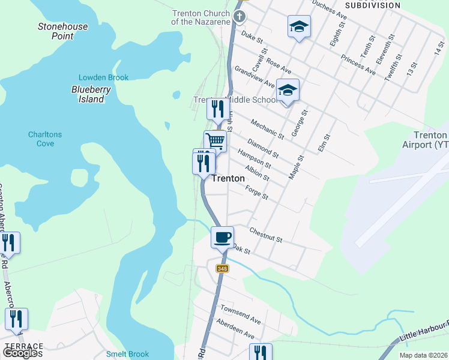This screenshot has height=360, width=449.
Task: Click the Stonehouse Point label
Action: click(63, 31)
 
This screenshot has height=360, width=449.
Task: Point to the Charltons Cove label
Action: click(45, 139)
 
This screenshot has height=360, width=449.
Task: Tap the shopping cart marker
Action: click(215, 142)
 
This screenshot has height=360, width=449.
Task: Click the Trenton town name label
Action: click(228, 178)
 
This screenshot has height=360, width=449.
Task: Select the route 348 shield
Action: click(223, 268)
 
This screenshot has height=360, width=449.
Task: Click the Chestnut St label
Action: click(265, 234)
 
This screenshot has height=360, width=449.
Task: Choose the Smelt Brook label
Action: click(127, 354)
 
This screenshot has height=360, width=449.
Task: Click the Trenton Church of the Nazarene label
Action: click(201, 17)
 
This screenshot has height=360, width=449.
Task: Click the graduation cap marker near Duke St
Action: click(299, 27)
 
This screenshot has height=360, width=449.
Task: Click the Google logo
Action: click(22, 353)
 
